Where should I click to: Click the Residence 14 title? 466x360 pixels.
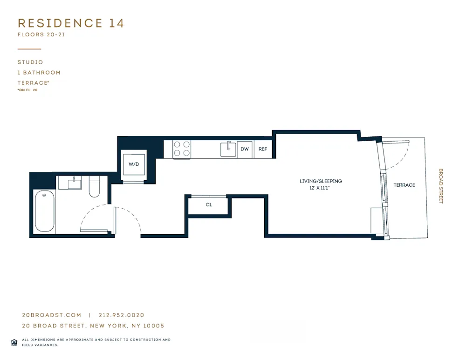71,23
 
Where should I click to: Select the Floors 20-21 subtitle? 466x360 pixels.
41,35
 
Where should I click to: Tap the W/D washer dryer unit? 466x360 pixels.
134,164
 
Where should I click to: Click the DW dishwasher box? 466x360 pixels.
245,149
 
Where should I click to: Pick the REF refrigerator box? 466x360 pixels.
263,149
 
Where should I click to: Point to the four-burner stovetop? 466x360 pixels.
182,149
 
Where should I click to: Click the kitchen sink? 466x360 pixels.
228,149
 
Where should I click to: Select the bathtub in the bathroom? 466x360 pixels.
44,212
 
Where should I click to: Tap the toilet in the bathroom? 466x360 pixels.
95,186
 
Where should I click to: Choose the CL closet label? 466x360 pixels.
209,204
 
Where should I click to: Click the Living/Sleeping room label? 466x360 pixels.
321,181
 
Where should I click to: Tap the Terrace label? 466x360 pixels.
404,185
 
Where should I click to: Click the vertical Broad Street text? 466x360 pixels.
441,186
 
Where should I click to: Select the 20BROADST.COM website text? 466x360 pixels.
52,315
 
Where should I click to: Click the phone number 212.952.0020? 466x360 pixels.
122,315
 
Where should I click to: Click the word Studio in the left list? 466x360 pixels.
30,62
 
